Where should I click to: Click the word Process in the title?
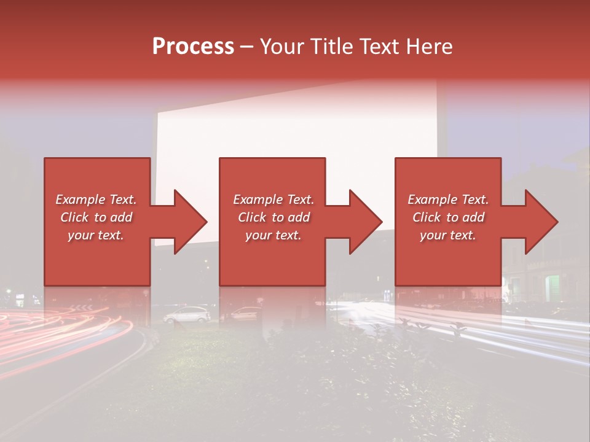[193, 47]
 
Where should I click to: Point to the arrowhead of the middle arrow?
[364, 222]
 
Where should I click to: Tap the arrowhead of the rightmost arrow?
[539, 222]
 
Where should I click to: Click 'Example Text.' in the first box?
[96, 200]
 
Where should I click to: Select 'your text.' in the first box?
[96, 235]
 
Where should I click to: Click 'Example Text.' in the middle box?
[273, 200]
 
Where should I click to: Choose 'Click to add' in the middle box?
[273, 217]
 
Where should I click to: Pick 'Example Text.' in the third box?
[448, 200]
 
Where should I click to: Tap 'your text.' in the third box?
[448, 235]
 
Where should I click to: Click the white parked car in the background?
[187, 314]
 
